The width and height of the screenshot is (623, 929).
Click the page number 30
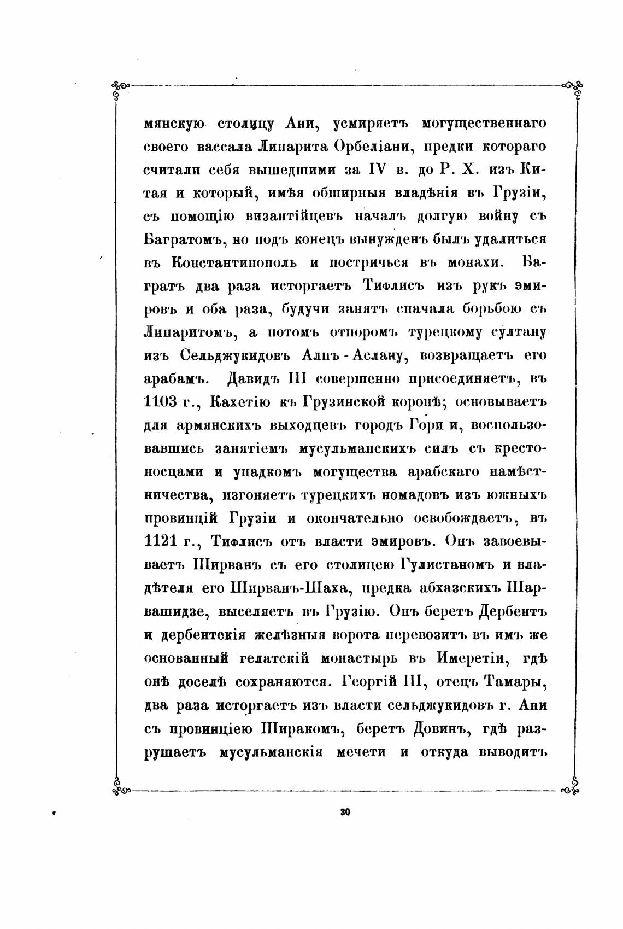pos(344,812)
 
